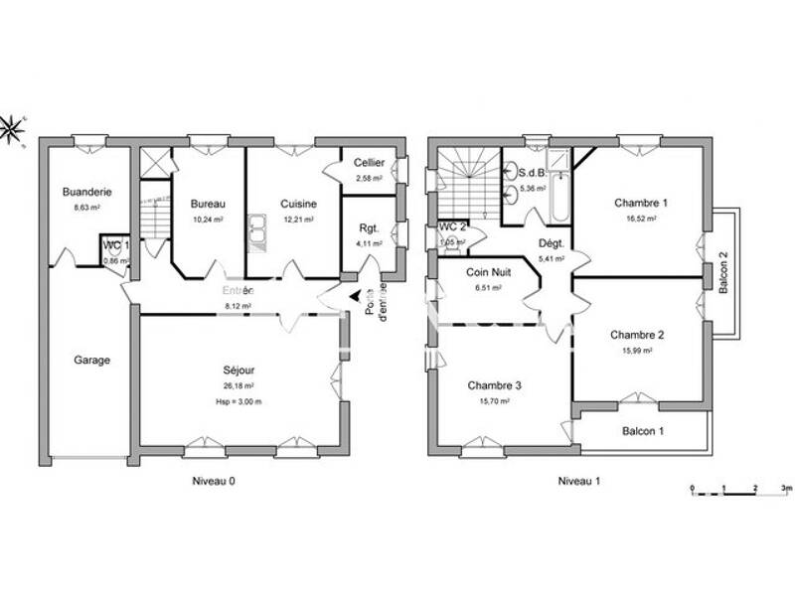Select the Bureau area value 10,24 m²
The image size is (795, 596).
coord(208,220)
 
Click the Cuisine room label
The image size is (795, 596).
coord(297,204)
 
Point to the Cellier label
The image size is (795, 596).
coord(369,163)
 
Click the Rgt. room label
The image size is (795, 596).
coord(369,228)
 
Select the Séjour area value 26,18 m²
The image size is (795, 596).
coord(238,385)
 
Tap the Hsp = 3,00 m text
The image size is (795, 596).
coord(238,400)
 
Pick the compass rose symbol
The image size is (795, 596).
coord(12,128)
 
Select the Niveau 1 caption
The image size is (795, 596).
coord(578,481)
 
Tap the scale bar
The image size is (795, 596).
coord(740,489)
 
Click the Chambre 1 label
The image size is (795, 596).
coord(639,203)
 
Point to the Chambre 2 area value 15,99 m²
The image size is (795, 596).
coord(637,350)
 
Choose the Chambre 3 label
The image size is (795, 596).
coord(494,385)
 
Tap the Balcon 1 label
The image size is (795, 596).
coord(643,430)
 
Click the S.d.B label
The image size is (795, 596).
coord(531,170)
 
